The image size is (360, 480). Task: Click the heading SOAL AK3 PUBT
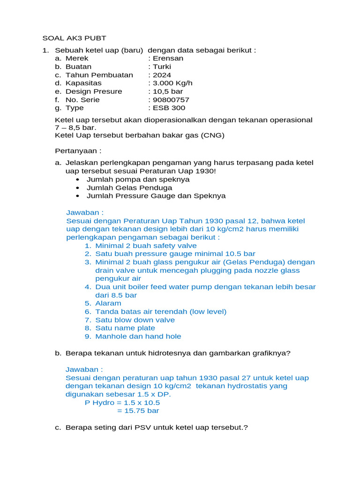click(75, 38)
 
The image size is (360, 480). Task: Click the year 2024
click(162, 75)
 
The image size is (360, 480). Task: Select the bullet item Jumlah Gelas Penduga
click(129, 187)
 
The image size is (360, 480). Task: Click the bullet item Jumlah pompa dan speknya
click(138, 180)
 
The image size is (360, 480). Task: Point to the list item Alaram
click(108, 303)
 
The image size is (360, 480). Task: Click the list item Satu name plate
click(125, 328)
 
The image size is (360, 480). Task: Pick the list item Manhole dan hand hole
click(138, 336)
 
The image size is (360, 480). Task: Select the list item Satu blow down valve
click(135, 320)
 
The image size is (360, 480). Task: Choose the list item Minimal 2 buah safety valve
click(146, 246)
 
